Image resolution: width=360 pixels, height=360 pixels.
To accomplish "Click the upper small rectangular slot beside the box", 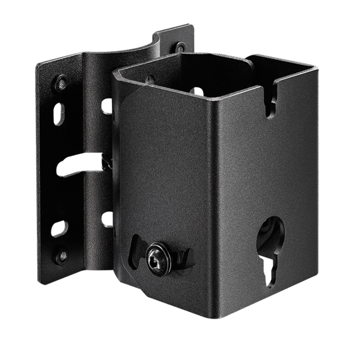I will [105, 105].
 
